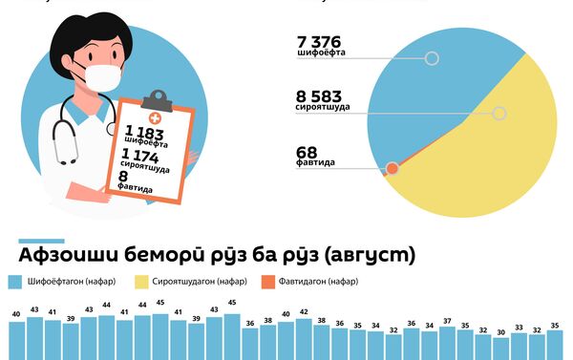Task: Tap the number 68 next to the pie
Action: click(307, 151)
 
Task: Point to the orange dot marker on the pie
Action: click(392, 169)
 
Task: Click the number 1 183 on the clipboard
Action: click(144, 131)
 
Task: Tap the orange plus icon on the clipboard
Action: click(156, 116)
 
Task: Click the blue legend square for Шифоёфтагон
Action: click(12, 282)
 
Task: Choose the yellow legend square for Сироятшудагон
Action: click(141, 282)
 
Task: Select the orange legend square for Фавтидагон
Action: click(268, 282)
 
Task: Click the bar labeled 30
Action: click(501, 349)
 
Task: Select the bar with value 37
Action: click(447, 346)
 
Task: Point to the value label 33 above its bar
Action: click(520, 328)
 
